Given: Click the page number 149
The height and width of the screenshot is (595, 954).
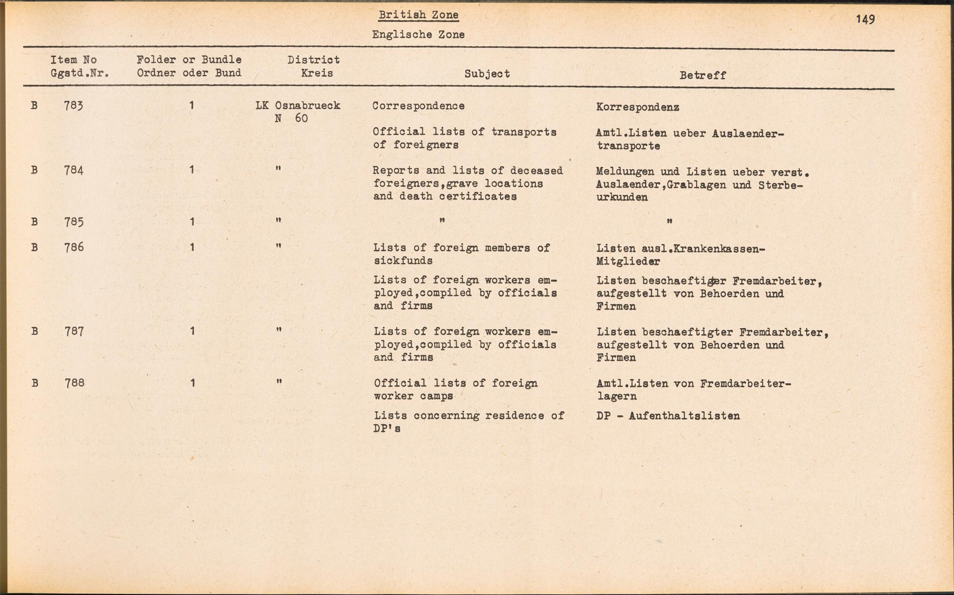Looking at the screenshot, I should (x=865, y=20).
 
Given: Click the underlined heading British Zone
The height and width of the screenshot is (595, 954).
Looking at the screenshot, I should (x=418, y=15).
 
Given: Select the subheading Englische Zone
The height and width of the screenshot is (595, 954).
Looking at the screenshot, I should (x=418, y=34).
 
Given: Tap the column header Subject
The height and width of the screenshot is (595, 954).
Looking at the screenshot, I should (x=487, y=74).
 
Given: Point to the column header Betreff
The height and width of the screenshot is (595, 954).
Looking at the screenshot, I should (x=703, y=75).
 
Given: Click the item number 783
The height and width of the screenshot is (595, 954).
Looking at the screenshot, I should (x=73, y=105).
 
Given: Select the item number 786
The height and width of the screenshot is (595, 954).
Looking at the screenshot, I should (x=74, y=247).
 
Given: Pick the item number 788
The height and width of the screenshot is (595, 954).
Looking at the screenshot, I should (x=74, y=383).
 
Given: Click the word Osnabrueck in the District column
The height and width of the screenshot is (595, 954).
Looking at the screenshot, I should (x=308, y=105).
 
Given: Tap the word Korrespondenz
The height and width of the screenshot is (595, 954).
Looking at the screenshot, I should (x=638, y=107).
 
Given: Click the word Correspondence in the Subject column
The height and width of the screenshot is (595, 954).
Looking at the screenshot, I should (x=418, y=106).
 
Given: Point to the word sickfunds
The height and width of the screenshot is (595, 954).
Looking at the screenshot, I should (x=403, y=261).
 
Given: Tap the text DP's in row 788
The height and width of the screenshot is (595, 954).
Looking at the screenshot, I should (x=387, y=428).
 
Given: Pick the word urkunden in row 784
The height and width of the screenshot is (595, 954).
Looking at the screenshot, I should (x=622, y=198).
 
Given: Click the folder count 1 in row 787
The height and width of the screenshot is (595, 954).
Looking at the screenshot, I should (x=192, y=331).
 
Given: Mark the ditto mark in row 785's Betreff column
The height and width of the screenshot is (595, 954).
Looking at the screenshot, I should (x=670, y=221).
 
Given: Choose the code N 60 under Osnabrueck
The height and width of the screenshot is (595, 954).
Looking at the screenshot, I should (x=291, y=118).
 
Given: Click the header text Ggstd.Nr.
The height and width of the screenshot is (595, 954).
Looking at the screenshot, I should (x=80, y=73).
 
